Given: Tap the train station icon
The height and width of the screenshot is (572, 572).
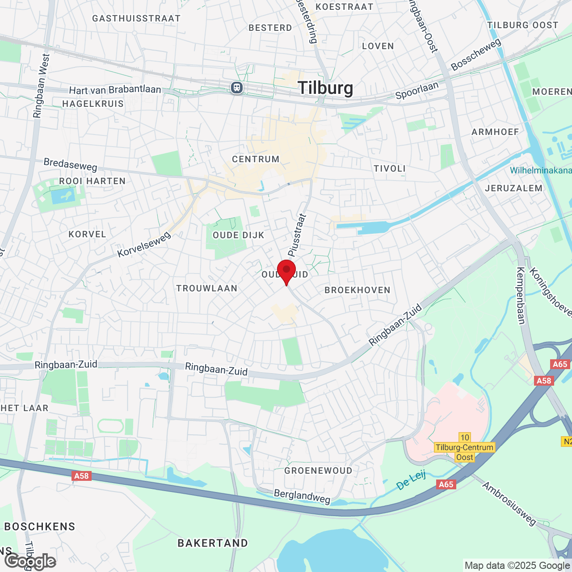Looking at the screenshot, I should click(x=237, y=87).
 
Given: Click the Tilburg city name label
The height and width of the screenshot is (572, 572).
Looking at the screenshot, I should click(x=325, y=88).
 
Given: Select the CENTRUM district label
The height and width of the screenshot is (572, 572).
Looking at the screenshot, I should click(x=256, y=159).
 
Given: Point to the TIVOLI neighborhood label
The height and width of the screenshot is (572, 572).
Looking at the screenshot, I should click(x=390, y=168).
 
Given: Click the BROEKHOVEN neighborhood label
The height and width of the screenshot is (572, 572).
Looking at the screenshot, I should click(x=357, y=290).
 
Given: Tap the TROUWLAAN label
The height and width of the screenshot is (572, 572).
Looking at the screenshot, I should click(x=207, y=288).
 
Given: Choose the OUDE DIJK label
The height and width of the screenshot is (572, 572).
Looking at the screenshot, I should click(x=239, y=235).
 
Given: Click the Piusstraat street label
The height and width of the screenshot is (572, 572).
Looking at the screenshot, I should click(x=297, y=235).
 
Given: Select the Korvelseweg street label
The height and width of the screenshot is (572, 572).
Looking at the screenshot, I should click(x=144, y=244).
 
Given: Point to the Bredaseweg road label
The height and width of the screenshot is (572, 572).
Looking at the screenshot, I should click(x=71, y=164).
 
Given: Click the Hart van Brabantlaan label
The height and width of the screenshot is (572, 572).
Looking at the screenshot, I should click(x=115, y=90).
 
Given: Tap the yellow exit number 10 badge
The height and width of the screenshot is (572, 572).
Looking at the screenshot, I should click(x=465, y=437).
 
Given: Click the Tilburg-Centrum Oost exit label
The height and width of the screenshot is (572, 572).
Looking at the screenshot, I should click(x=465, y=452).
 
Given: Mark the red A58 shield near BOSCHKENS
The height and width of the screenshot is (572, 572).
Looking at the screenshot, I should click(x=81, y=476).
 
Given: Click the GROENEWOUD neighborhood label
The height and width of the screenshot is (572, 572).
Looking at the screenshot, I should click(x=318, y=471).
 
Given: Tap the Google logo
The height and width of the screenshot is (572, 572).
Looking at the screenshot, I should click(x=30, y=562).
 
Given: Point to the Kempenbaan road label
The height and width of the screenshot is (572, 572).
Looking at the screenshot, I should click(x=521, y=295).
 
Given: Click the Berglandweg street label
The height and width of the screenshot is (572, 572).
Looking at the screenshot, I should click(x=302, y=496).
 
